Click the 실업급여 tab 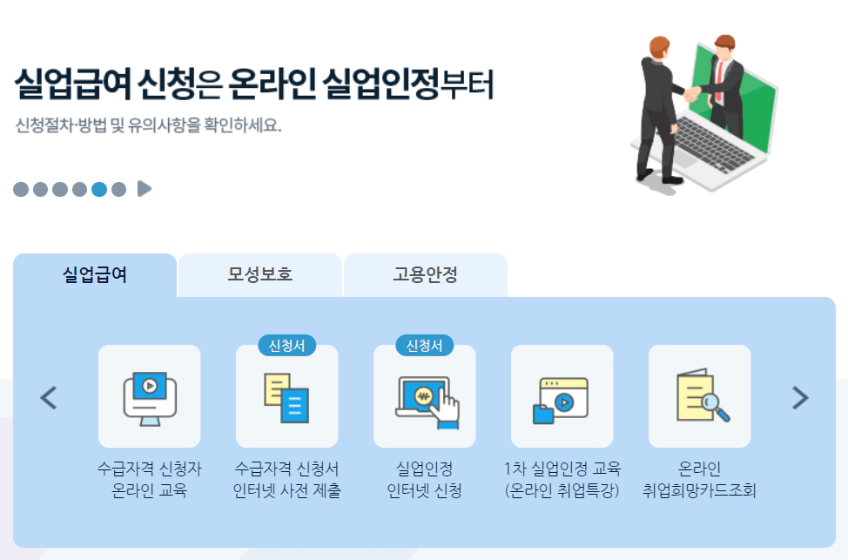[x=95, y=275]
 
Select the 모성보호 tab [x=259, y=275]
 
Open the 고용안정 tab [x=425, y=275]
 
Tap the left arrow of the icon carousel [x=49, y=398]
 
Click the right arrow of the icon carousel [x=799, y=398]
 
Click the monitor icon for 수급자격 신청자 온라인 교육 [x=150, y=396]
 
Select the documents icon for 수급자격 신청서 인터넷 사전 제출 [x=286, y=396]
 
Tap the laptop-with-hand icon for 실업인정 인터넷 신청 [x=425, y=396]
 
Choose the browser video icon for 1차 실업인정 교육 [x=562, y=396]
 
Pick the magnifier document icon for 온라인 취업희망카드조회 [x=700, y=396]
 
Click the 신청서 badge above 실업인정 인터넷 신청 [x=425, y=346]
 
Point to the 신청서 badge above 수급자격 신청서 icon [x=286, y=346]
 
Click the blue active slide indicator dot [x=99, y=189]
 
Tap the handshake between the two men [x=692, y=93]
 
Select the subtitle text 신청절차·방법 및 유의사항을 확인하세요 [x=148, y=125]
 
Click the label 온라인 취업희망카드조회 [x=699, y=480]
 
